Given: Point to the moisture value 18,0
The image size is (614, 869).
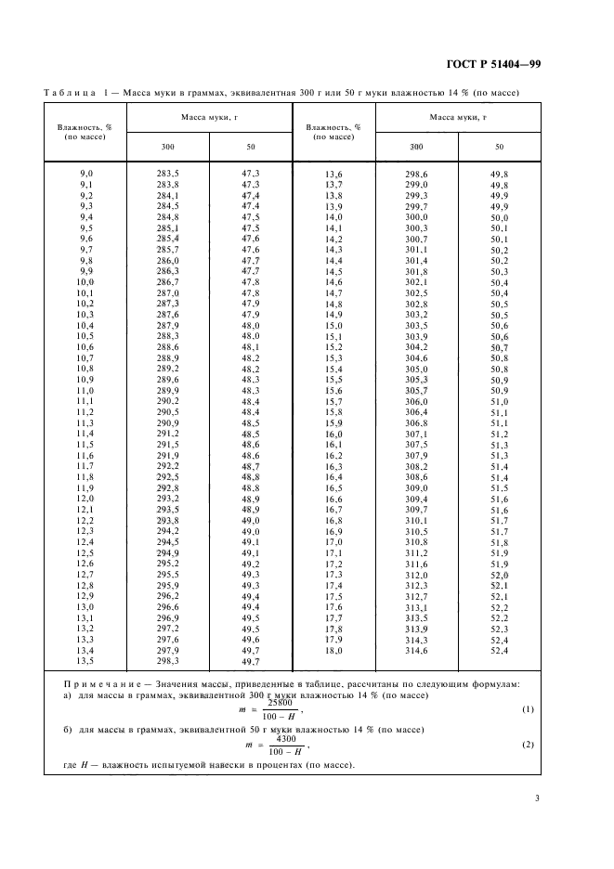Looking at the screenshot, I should pos(333,652).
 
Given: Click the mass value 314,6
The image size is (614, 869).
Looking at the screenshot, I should pos(416,652).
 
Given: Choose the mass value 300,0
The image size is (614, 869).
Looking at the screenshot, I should pos(416,217).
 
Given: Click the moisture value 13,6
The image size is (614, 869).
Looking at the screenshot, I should pos(333,175).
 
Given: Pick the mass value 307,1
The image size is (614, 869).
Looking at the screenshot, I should pos(416,434).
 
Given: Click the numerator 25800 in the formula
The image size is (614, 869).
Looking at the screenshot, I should pos(280,702).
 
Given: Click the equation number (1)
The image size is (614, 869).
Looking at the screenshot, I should pos(528,709).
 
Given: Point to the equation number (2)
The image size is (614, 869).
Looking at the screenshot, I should pos(528,746).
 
